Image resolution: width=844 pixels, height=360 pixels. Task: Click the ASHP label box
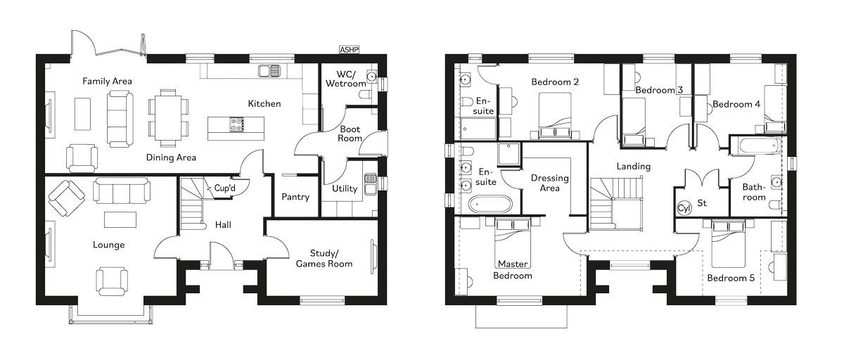coord(349,50)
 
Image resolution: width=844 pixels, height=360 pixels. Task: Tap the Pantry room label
coord(295,197)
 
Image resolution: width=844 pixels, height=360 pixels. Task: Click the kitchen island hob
coord(235,124)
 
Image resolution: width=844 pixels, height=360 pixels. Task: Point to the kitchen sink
coord(269,70)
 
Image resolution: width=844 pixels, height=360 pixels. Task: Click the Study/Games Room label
coord(324,258)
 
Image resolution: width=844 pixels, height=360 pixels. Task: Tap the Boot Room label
coord(350,134)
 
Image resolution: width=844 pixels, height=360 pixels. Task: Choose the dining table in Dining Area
coord(168,113)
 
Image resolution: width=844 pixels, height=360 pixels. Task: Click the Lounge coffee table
coord(117,219)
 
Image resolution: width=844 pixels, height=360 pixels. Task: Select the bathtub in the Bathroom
coord(756,146)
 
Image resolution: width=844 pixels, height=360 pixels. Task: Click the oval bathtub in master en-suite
coord(490,205)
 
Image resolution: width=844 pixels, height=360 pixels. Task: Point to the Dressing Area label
coord(549,183)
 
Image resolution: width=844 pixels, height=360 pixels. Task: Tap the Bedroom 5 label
coord(731,278)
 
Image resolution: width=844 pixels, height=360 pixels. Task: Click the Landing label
coord(633,167)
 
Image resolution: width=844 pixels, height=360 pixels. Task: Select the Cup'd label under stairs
coord(224,188)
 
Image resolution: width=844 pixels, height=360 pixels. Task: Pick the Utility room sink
coord(370,177)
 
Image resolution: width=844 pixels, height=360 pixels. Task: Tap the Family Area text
coord(107,81)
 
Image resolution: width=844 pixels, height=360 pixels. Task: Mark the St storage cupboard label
coord(701,203)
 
